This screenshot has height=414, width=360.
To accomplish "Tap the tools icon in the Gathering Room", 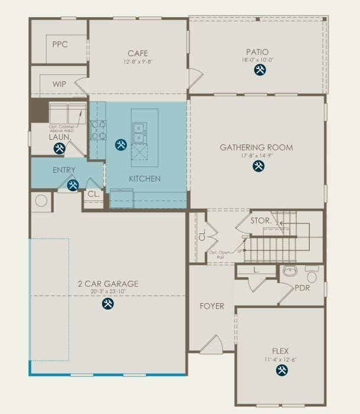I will pos(258,166).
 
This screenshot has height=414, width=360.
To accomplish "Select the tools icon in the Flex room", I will pos(282,370).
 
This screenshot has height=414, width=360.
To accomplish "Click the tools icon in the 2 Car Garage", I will pos(107,303).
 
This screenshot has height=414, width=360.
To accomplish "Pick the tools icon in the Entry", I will pos(73,186).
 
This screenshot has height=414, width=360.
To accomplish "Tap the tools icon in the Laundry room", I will pos(59,149).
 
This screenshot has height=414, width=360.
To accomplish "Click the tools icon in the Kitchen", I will pos(121,144).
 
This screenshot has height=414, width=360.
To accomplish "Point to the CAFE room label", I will pos(138,53).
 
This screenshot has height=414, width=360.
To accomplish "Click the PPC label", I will pos(60,44).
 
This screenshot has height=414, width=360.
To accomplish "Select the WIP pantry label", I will pos(59,84).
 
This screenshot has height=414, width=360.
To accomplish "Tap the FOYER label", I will pos(212,306).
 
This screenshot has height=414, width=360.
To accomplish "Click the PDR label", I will pos(302,288).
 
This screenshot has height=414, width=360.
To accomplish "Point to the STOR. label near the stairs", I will pos(260,221).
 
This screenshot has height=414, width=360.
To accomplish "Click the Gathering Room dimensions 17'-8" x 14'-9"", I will pos(256,156).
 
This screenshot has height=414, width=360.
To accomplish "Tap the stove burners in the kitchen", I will pos(98,130).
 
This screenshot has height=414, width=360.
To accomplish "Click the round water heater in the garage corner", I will pos(41,201).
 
